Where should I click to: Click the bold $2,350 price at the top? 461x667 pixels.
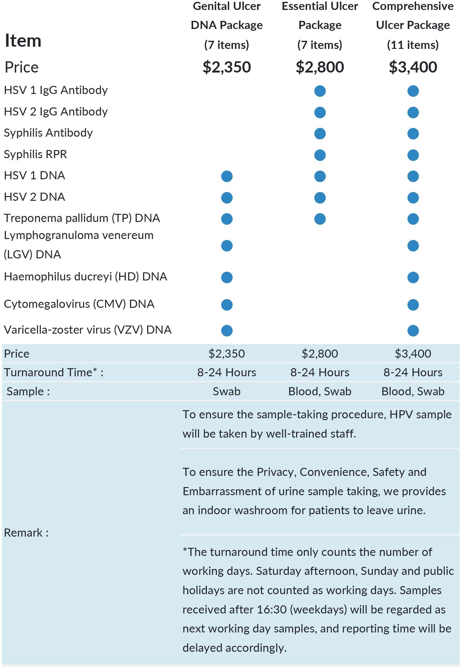coord(226,67)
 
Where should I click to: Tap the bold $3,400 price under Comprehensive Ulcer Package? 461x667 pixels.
coord(413,67)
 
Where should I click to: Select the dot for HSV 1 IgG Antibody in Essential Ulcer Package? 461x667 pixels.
coord(320,91)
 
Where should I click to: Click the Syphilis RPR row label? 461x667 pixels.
coord(36,154)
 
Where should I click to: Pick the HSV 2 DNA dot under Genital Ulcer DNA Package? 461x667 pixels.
coord(227,198)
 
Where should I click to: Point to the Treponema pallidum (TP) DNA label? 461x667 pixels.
coord(82,218)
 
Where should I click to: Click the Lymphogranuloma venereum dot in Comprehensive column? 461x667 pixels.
coord(413,246)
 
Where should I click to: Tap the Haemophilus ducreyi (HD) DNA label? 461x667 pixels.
coord(86,277)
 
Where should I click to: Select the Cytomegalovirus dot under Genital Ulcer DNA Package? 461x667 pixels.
coord(227,305)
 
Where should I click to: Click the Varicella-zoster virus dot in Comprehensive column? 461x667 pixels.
coord(413,331)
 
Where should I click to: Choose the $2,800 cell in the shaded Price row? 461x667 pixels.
coord(320,354)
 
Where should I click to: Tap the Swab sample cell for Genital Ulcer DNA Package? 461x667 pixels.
coord(226,392)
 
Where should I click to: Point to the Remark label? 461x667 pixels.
coord(26,533)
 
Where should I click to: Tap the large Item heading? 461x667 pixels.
coord(23,41)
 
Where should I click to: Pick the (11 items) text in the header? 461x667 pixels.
coord(413,45)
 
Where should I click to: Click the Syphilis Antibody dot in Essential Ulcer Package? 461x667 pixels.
coord(320,134)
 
